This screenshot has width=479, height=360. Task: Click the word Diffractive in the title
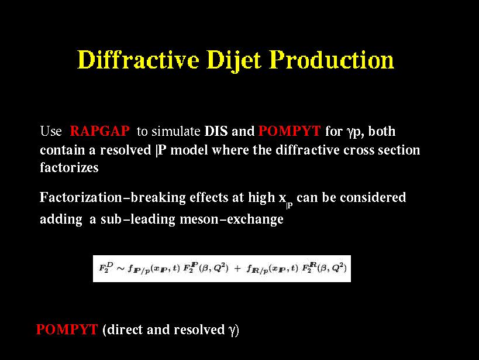[x=139, y=59]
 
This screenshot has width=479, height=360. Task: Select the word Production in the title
[x=332, y=59]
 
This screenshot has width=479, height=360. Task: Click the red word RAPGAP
[x=99, y=131]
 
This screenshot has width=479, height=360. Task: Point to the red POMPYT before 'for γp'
[x=290, y=131]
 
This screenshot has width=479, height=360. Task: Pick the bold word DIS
[x=216, y=131]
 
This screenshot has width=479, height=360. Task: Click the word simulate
[x=176, y=131]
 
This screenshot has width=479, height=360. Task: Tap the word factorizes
[x=70, y=167]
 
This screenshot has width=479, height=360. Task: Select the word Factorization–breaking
[x=113, y=198]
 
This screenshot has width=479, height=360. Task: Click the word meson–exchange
[x=232, y=219]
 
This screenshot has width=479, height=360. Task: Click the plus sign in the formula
[x=237, y=269]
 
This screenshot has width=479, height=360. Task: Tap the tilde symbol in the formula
[x=120, y=269]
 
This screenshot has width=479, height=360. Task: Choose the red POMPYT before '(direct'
[x=67, y=330]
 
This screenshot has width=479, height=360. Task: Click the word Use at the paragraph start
[x=51, y=131]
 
